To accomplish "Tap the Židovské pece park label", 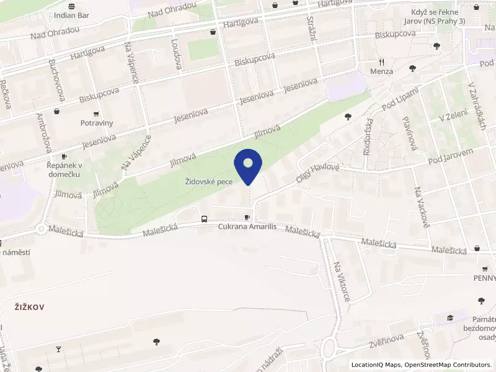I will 208,182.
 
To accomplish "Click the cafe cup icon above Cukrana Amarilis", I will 247,218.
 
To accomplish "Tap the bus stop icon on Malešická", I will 204,219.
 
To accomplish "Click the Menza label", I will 382,71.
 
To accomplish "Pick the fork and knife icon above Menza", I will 382,62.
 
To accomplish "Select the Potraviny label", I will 97,123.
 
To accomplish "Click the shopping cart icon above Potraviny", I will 96,113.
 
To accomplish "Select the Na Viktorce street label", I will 341,281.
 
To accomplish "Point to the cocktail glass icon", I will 59,350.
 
